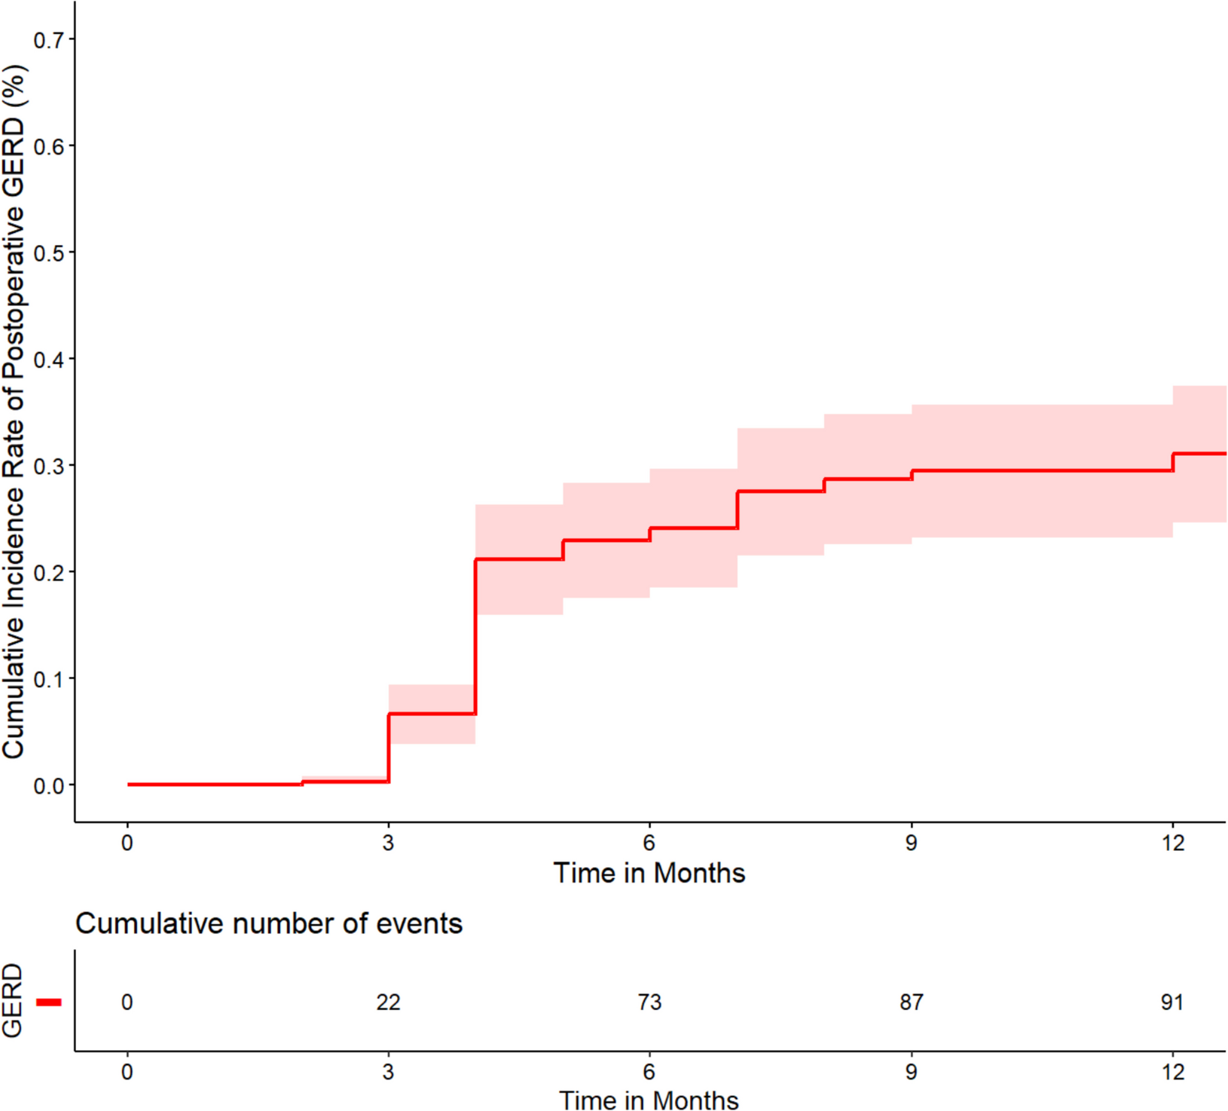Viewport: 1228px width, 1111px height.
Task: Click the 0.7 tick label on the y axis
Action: point(48,40)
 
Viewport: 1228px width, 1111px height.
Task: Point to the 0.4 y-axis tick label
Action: point(48,360)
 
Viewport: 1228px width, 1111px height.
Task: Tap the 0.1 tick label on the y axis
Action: point(48,680)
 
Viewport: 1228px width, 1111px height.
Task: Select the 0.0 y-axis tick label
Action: point(48,786)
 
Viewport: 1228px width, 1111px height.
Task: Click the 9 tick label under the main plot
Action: point(911,843)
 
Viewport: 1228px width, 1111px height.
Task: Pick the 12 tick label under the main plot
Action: point(1172,843)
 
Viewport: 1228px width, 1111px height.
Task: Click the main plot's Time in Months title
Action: point(650,874)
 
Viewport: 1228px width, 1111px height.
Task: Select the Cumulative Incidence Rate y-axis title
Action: point(13,412)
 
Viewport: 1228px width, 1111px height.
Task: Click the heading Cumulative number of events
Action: point(269,924)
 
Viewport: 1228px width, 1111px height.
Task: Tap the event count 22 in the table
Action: point(388,1002)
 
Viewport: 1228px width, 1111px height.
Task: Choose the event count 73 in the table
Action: point(650,1002)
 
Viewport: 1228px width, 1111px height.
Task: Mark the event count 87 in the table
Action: point(911,1002)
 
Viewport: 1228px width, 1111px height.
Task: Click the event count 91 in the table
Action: point(1172,1002)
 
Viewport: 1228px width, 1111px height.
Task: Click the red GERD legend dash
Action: point(49,1002)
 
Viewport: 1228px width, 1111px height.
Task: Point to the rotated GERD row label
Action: point(12,1000)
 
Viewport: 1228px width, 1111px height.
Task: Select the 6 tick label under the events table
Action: point(650,1071)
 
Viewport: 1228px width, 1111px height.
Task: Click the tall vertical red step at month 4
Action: point(475,636)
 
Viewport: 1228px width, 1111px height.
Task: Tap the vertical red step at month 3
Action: point(389,748)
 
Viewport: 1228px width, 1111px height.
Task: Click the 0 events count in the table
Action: point(127,1002)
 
